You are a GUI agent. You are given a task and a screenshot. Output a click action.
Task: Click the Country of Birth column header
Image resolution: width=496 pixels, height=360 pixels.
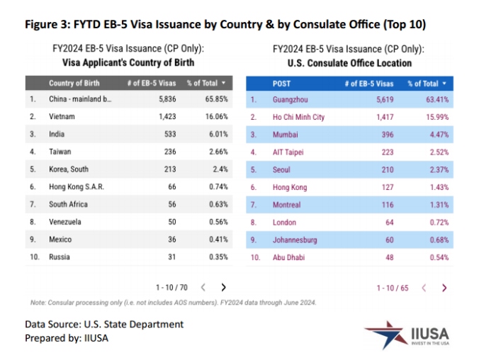[74, 83]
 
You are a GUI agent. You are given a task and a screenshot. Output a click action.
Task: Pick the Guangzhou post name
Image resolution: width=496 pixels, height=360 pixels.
[290, 99]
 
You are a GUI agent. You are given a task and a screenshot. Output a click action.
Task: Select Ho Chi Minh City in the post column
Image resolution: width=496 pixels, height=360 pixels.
[298, 117]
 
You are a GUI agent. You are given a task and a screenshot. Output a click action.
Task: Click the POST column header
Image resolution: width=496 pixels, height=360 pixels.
[281, 83]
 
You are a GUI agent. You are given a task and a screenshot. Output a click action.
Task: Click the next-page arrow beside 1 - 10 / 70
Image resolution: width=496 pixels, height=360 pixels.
[223, 287]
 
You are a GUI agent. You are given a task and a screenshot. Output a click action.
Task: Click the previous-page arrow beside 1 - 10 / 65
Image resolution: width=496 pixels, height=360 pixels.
[424, 288]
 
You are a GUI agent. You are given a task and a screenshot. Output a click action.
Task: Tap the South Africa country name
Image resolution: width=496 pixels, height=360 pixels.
[69, 203]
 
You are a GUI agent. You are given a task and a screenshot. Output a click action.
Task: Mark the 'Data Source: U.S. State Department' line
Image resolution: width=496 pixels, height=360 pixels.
[104, 324]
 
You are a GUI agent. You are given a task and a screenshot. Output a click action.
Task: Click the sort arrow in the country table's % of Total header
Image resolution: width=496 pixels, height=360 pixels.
[223, 83]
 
